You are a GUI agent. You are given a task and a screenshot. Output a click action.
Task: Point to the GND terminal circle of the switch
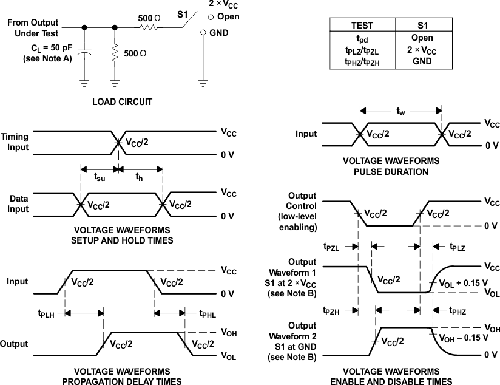204,33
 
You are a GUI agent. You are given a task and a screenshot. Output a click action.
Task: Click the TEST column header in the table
362,26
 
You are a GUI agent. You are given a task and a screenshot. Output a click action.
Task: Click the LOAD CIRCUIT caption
122,102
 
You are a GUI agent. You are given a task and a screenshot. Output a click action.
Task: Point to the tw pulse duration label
400,111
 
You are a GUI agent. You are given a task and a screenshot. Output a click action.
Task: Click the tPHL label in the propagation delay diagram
208,313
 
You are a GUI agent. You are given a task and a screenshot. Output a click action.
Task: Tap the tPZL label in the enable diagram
333,246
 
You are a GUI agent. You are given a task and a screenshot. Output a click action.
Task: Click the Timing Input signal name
15,141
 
